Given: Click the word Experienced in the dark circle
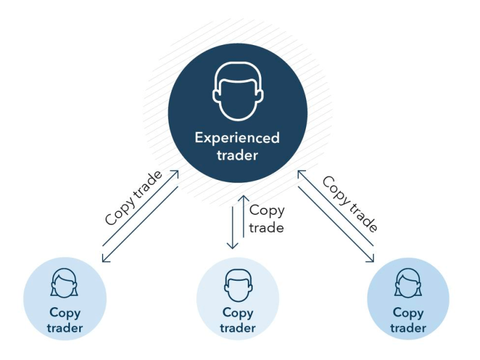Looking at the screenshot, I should pos(237,138).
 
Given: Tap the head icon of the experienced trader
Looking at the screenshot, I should pos(237,95).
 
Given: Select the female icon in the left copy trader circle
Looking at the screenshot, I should pos(65,283).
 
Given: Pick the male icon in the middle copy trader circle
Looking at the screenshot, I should pos(238,284).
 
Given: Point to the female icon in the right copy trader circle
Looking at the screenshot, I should pos(409,283).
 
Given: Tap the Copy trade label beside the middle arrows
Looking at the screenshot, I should pos(266,219).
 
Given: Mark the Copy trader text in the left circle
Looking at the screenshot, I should pos(65,320).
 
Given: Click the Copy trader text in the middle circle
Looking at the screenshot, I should pos(238,320).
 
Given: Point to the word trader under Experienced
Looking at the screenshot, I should pos(237,155).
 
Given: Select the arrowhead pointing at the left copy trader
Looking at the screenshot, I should pos(104,259).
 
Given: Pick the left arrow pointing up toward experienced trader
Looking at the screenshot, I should pos(175,174).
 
